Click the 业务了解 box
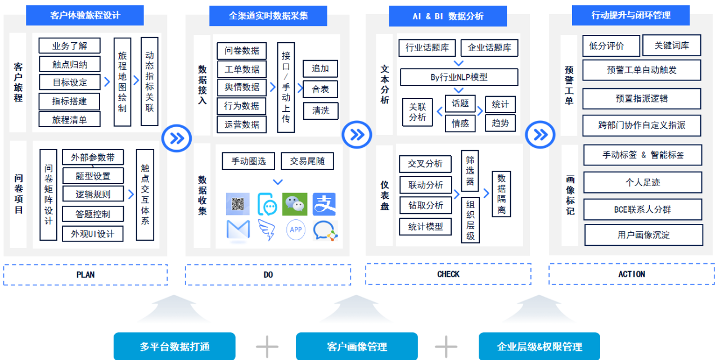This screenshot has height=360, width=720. click(x=70, y=46)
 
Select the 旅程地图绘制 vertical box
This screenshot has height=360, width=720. click(x=122, y=82)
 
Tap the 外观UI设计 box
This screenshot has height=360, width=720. click(x=92, y=234)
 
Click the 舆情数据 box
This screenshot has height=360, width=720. click(x=242, y=87)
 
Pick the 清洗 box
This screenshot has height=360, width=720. click(x=321, y=110)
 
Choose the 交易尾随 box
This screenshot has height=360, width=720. click(x=307, y=161)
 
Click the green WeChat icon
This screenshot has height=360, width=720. click(x=295, y=204)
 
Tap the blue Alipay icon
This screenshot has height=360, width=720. click(x=324, y=204)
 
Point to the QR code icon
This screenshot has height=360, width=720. click(x=237, y=204)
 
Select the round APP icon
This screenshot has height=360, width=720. click(x=296, y=229)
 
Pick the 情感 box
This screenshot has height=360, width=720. click(x=460, y=123)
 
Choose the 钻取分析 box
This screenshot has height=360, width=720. click(x=425, y=205)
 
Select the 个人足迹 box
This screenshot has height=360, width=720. click(x=642, y=183)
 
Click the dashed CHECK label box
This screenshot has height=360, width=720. click(x=448, y=274)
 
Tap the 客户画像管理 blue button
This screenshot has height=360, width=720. click(x=357, y=346)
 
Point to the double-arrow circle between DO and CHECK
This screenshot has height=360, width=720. click(x=357, y=134)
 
